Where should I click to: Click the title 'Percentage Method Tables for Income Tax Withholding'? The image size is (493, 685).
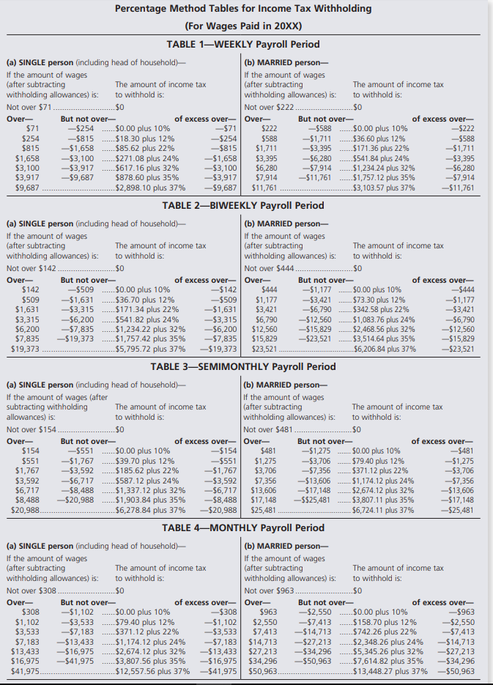click(245, 10)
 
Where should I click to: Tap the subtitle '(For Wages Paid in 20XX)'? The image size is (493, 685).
click(245, 26)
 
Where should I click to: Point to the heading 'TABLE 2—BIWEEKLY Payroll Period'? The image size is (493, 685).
click(245, 205)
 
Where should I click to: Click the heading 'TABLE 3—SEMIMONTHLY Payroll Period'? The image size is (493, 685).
click(245, 366)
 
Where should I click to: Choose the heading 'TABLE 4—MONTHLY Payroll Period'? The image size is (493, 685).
click(245, 527)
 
